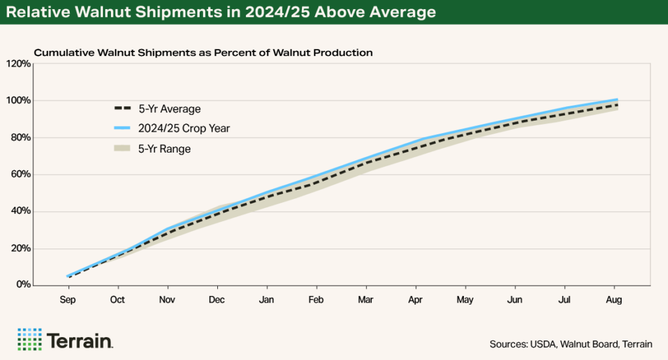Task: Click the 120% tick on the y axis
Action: [x=19, y=64]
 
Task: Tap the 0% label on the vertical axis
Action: [x=23, y=285]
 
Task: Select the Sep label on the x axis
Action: [x=68, y=300]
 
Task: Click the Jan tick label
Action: [x=266, y=300]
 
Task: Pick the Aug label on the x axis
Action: [x=614, y=300]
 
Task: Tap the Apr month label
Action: [x=416, y=300]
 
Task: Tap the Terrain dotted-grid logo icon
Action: [x=29, y=339]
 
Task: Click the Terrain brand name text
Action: [x=80, y=340]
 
